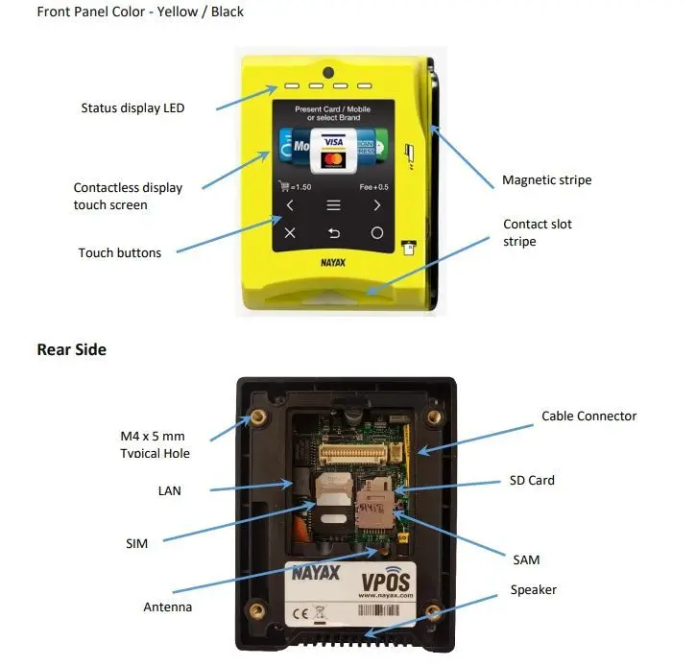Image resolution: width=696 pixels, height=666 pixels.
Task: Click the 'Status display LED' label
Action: tap(132, 108)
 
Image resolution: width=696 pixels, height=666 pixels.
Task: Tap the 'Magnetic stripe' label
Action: tap(546, 180)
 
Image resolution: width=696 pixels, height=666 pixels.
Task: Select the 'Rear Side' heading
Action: tap(71, 349)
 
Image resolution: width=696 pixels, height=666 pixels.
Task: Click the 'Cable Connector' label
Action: tap(588, 416)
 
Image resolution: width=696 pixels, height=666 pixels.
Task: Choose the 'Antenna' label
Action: tap(167, 607)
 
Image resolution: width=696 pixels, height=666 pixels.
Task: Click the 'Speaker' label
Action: tap(533, 589)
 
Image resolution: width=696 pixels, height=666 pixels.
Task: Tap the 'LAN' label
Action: tap(169, 490)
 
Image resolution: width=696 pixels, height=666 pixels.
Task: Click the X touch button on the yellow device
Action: tap(290, 233)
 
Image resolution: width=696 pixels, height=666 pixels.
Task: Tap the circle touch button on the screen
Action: tap(377, 233)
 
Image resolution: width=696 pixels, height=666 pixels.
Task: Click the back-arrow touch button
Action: tap(334, 233)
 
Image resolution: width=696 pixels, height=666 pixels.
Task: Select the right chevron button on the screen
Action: tap(377, 205)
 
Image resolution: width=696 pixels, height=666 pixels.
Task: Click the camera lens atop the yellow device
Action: tap(328, 73)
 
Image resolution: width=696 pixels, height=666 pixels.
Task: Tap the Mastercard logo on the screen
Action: tap(333, 158)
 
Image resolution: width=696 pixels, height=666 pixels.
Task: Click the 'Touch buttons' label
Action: tap(120, 253)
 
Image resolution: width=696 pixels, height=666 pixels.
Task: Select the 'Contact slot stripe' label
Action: tap(538, 232)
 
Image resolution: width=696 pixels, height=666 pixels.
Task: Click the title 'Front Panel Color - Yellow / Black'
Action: tap(140, 12)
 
